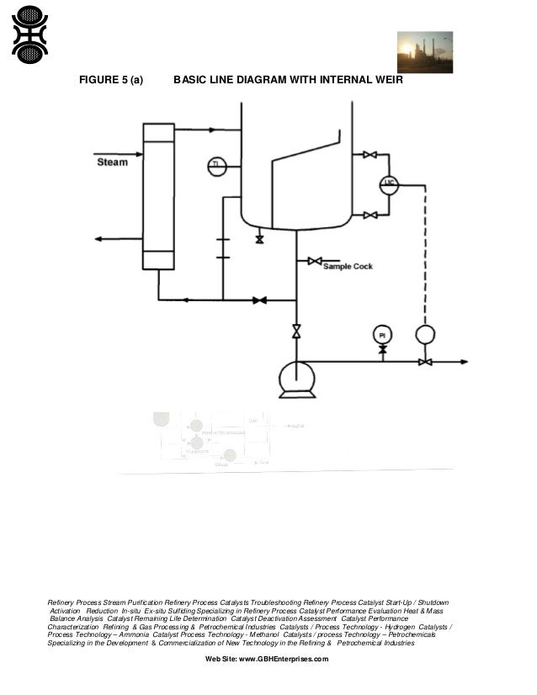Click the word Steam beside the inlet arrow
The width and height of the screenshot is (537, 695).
(x=112, y=161)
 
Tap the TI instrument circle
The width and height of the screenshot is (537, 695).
(x=216, y=166)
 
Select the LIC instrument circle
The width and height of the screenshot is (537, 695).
(x=388, y=186)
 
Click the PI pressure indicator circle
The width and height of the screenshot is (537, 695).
(x=382, y=334)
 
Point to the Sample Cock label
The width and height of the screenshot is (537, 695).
(x=348, y=266)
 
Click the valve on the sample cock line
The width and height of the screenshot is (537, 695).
(x=314, y=262)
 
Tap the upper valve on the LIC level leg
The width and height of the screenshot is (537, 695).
(x=370, y=155)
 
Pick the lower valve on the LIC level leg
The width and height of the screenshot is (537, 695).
(x=370, y=215)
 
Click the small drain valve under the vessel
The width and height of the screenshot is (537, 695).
(x=259, y=240)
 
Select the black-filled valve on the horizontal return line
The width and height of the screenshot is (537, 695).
(x=260, y=300)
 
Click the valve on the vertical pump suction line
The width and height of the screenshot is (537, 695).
(x=295, y=332)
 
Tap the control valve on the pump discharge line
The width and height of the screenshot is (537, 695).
(x=425, y=362)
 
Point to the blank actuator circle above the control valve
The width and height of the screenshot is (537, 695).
(x=425, y=335)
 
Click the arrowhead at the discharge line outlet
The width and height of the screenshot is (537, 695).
(x=463, y=362)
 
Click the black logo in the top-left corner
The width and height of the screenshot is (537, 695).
(x=29, y=33)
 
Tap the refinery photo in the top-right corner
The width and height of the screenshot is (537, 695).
(x=424, y=51)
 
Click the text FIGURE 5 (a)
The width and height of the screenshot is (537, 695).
(x=110, y=81)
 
